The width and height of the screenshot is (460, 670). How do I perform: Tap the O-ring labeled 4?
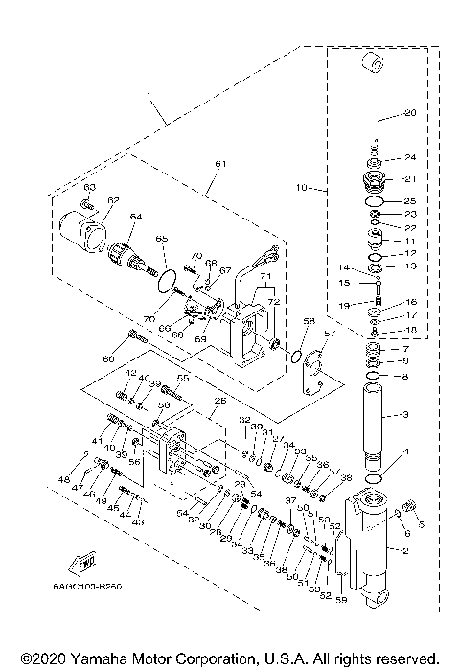[378, 476]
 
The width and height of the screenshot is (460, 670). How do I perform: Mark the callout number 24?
[409, 157]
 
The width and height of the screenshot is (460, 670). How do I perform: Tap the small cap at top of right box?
[372, 66]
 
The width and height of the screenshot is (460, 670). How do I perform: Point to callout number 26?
[219, 401]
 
